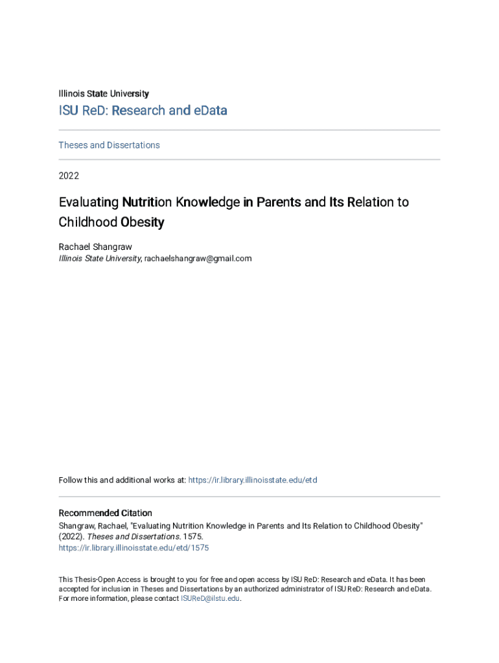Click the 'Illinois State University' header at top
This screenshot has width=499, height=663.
coord(104,94)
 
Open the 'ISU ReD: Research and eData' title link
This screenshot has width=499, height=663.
coord(143,111)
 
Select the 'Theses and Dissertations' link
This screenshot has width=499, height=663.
coord(109,145)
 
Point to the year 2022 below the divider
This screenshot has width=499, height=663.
coord(69,175)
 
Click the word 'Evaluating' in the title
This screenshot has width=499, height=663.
coord(87,202)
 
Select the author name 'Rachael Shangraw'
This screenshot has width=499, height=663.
coord(95,247)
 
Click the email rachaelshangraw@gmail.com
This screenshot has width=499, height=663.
coord(198,258)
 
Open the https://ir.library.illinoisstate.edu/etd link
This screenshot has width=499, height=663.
coord(252,480)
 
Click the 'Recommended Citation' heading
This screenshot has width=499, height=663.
coord(105,513)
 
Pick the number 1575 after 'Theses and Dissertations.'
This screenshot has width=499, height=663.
coord(185,537)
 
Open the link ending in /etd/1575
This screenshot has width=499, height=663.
coord(133,548)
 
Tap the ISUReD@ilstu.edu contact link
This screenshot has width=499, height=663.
coord(210,599)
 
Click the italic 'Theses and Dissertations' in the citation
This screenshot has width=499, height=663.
coord(130,537)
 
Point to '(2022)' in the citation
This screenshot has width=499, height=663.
coord(71,537)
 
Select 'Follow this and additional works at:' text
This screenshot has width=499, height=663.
coord(122,480)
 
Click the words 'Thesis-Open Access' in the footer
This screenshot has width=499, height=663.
coord(108,579)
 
